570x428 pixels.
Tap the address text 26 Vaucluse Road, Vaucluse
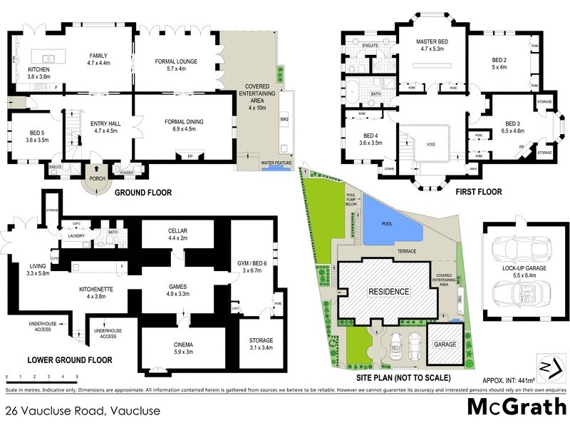(82, 411)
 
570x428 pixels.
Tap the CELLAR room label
(177, 233)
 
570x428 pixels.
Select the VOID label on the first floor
(430, 143)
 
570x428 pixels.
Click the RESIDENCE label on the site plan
(388, 291)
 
